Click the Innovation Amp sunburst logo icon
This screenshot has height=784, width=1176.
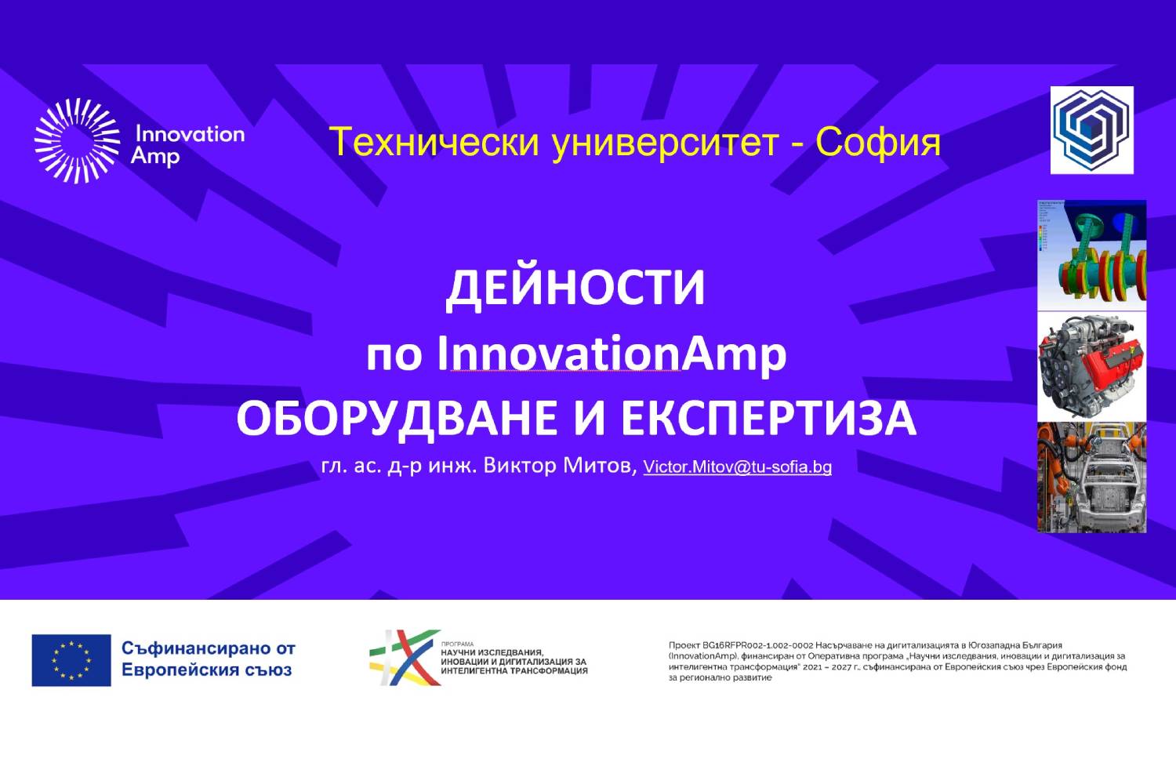pyautogui.click(x=77, y=141)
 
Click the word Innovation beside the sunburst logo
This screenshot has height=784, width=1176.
pyautogui.click(x=190, y=134)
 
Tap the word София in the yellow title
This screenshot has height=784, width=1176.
pyautogui.click(x=877, y=142)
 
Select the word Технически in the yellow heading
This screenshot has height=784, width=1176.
pyautogui.click(x=434, y=142)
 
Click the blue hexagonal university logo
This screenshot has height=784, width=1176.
pyautogui.click(x=1091, y=130)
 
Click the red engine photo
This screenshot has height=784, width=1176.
pyautogui.click(x=1091, y=366)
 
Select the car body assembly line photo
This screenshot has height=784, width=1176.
pyautogui.click(x=1091, y=477)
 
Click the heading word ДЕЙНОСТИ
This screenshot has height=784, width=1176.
pyautogui.click(x=575, y=287)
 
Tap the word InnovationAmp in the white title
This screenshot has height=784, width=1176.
pyautogui.click(x=612, y=354)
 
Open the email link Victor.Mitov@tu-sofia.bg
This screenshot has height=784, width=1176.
pyautogui.click(x=737, y=467)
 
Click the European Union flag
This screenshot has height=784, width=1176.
pyautogui.click(x=71, y=660)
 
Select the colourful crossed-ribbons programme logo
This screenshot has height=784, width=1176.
pyautogui.click(x=405, y=657)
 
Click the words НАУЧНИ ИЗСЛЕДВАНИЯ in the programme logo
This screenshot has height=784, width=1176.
pyautogui.click(x=492, y=652)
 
